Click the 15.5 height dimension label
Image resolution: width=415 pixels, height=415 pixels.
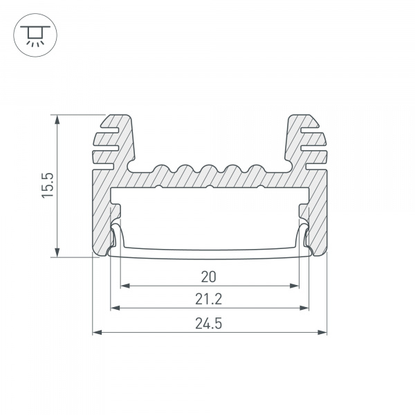coord(48,185)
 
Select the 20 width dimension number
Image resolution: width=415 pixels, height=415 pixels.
coord(209,277)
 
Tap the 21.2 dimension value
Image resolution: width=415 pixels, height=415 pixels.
coord(209,299)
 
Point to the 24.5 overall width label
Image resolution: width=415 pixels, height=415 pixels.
coord(209,324)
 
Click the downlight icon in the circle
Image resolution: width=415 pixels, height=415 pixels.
coord(35,35)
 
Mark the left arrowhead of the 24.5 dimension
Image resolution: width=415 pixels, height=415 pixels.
coord(97,332)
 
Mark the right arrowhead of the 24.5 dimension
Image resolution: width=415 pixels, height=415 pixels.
coord(322,332)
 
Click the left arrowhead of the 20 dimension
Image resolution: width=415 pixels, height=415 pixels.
coord(125,286)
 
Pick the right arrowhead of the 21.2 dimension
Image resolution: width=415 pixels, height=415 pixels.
coord(304,308)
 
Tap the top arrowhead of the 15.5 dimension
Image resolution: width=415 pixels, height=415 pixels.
coord(57,120)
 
